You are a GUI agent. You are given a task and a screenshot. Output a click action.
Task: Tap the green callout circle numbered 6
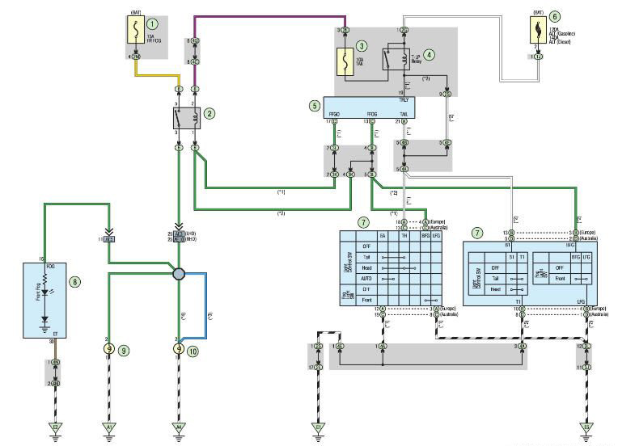click(555, 15)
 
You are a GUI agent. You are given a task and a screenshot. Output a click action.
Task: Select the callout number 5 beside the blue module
click(315, 104)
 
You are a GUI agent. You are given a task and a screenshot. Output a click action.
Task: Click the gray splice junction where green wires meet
click(178, 275)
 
